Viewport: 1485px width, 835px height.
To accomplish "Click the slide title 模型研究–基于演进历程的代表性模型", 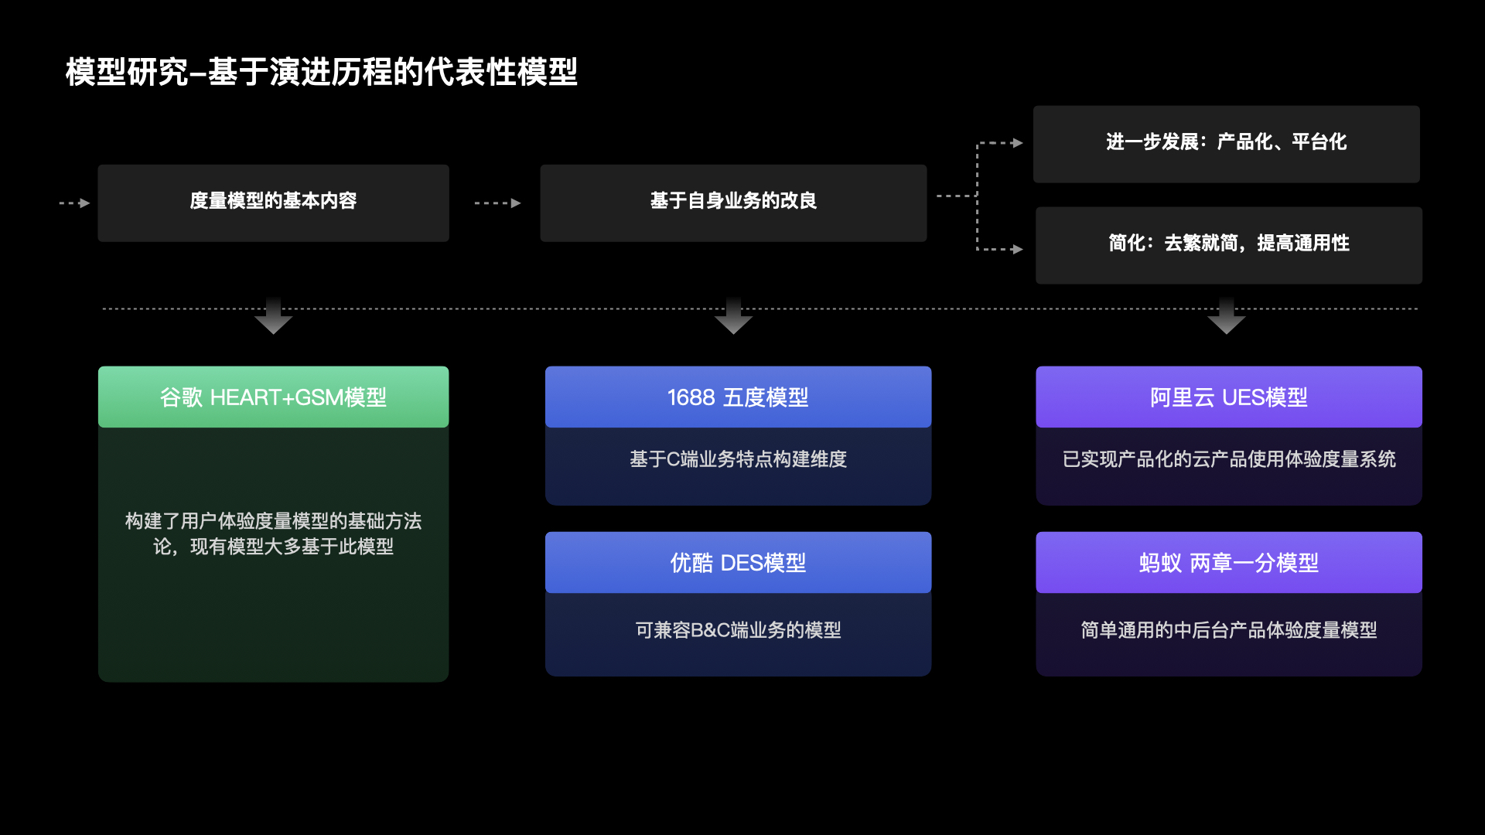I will pos(321,72).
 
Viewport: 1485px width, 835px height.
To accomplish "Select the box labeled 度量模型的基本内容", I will pos(273,203).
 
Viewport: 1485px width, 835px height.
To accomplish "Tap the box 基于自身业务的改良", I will pos(733,203).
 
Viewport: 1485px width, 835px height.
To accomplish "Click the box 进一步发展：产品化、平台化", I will pos(1226,144).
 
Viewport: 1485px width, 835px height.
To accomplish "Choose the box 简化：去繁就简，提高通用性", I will pos(1228,244).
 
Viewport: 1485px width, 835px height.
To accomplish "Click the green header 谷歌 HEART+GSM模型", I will pos(273,397).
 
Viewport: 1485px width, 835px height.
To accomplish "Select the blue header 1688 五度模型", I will pos(738,397).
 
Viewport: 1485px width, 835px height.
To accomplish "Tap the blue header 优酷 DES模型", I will pos(738,563).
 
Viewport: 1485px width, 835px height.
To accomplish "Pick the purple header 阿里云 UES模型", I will pos(1228,397).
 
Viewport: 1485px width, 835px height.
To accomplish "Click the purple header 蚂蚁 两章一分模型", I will pos(1228,563).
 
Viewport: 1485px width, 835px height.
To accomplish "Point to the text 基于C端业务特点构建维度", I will pos(738,459).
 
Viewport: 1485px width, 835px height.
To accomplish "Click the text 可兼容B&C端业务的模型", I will pos(738,630).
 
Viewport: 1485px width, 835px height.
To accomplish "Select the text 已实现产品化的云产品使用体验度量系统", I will pos(1228,459).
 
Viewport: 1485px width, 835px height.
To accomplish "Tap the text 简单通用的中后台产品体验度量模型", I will pos(1228,630).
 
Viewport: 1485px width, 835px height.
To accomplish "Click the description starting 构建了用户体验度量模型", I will pos(273,533).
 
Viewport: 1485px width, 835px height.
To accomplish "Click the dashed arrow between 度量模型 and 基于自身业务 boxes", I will pos(497,203).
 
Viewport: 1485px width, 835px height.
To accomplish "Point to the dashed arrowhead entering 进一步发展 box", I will pos(1017,143).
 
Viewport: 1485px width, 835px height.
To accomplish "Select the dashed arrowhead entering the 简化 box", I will pos(1017,249).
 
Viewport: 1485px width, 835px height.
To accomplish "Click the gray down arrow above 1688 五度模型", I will pos(733,317).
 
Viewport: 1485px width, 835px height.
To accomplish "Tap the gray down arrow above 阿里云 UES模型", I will pos(1226,317).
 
